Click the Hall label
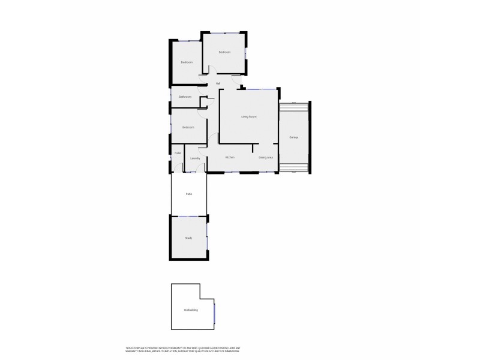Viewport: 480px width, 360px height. coord(218,83)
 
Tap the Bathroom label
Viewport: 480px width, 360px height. coord(185,97)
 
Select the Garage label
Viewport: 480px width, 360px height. coord(294,137)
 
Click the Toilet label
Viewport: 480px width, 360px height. coord(178,153)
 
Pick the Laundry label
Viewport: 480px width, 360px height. coord(194,158)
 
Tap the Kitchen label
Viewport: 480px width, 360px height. coord(229,157)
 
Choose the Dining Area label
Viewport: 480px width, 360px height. coord(266,157)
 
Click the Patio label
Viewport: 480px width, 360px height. coord(189,194)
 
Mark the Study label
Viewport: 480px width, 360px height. coord(188,238)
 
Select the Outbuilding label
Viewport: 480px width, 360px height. coord(191,310)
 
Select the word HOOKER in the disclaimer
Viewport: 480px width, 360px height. coord(206,348)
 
